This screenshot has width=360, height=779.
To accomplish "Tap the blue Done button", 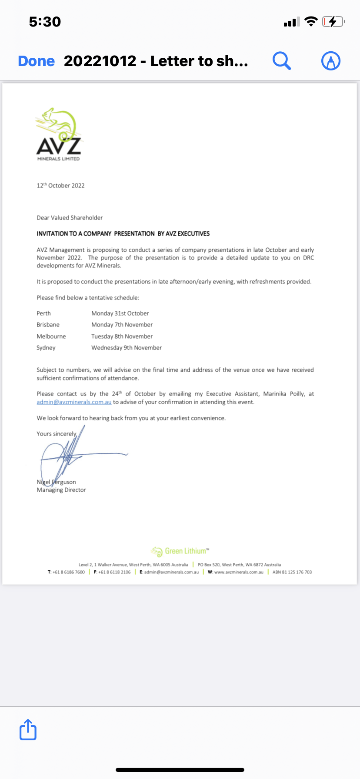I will [37, 61].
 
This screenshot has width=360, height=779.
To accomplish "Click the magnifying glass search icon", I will [281, 61].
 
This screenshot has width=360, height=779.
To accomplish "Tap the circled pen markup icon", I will [330, 61].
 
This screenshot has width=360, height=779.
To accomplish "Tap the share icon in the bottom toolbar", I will [28, 729].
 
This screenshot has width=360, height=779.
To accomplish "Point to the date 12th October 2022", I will [60, 186].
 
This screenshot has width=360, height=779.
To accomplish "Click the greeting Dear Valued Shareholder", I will [70, 218].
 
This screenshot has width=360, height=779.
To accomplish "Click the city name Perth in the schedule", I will [43, 313].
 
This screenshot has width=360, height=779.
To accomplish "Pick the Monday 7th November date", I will [122, 325].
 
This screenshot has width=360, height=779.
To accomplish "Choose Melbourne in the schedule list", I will [51, 336].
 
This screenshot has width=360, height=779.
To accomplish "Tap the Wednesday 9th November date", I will [127, 348].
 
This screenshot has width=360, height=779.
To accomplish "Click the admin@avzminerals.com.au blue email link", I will [74, 402].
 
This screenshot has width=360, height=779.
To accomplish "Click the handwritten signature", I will [70, 454].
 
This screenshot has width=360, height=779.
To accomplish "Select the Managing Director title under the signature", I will [61, 490].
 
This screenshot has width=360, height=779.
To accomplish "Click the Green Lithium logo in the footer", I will [180, 551].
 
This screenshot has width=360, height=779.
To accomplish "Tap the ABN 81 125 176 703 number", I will [292, 572].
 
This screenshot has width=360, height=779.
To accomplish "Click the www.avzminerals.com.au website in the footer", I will [239, 572].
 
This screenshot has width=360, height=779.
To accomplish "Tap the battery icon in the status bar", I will [333, 22].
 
